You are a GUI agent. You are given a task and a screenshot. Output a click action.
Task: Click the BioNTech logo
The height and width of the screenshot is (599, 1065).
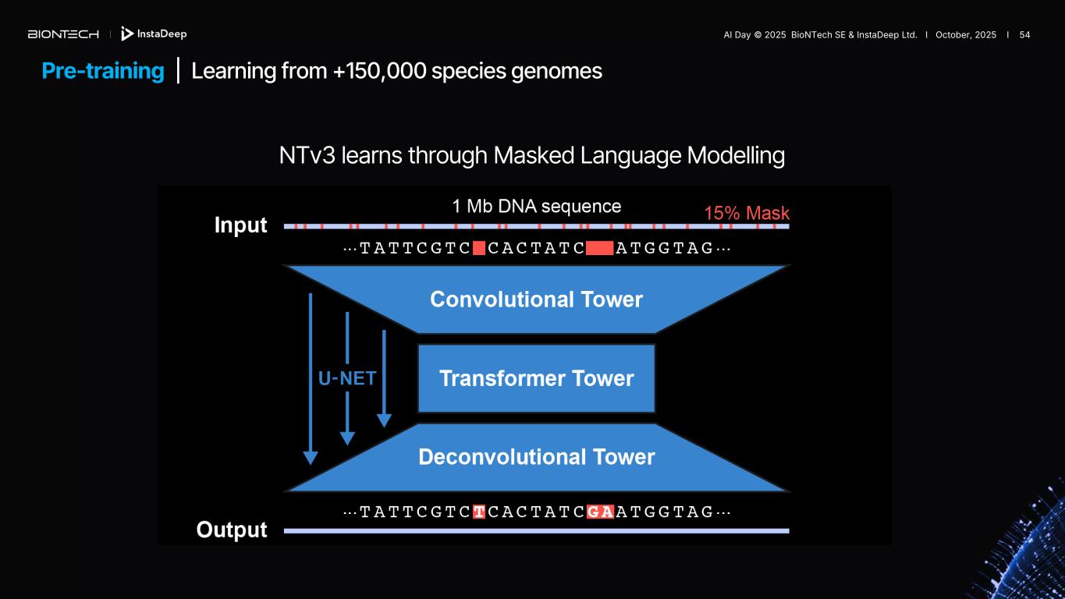point(63,34)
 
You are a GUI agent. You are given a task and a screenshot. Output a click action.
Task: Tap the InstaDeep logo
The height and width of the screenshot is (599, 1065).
point(154,34)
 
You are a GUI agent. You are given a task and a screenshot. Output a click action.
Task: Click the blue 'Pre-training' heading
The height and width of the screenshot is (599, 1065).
point(103,71)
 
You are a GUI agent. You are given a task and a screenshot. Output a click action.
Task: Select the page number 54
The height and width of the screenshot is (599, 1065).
point(1024,35)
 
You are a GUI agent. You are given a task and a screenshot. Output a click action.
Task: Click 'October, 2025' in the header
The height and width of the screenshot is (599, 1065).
point(965,35)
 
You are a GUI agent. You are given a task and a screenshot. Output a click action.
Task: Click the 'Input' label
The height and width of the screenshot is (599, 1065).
point(240,225)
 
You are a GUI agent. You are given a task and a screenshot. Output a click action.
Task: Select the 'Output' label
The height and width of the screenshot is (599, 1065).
point(232,530)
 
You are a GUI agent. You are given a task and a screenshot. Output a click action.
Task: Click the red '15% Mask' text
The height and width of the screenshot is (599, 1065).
point(747,213)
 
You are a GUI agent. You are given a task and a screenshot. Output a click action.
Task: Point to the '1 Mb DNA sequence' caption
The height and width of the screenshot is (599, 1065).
point(537,206)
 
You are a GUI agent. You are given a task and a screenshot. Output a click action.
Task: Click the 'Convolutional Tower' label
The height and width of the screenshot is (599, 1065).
point(536,299)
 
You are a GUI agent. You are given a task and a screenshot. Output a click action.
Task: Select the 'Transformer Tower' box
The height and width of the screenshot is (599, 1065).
point(536,378)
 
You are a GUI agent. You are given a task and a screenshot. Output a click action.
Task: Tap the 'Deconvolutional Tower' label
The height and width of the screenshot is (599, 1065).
point(536,456)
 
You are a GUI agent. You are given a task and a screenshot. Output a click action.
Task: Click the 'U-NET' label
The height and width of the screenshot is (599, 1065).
point(347,378)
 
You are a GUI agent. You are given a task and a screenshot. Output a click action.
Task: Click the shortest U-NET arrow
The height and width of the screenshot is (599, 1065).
point(384,378)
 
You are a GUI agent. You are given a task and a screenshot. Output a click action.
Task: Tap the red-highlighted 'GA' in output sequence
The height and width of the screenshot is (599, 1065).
point(600,512)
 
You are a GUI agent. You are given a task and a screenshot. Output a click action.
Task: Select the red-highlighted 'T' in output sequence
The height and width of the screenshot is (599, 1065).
point(479,512)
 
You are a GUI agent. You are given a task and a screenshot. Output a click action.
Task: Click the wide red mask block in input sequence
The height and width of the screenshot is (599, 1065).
point(600,249)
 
